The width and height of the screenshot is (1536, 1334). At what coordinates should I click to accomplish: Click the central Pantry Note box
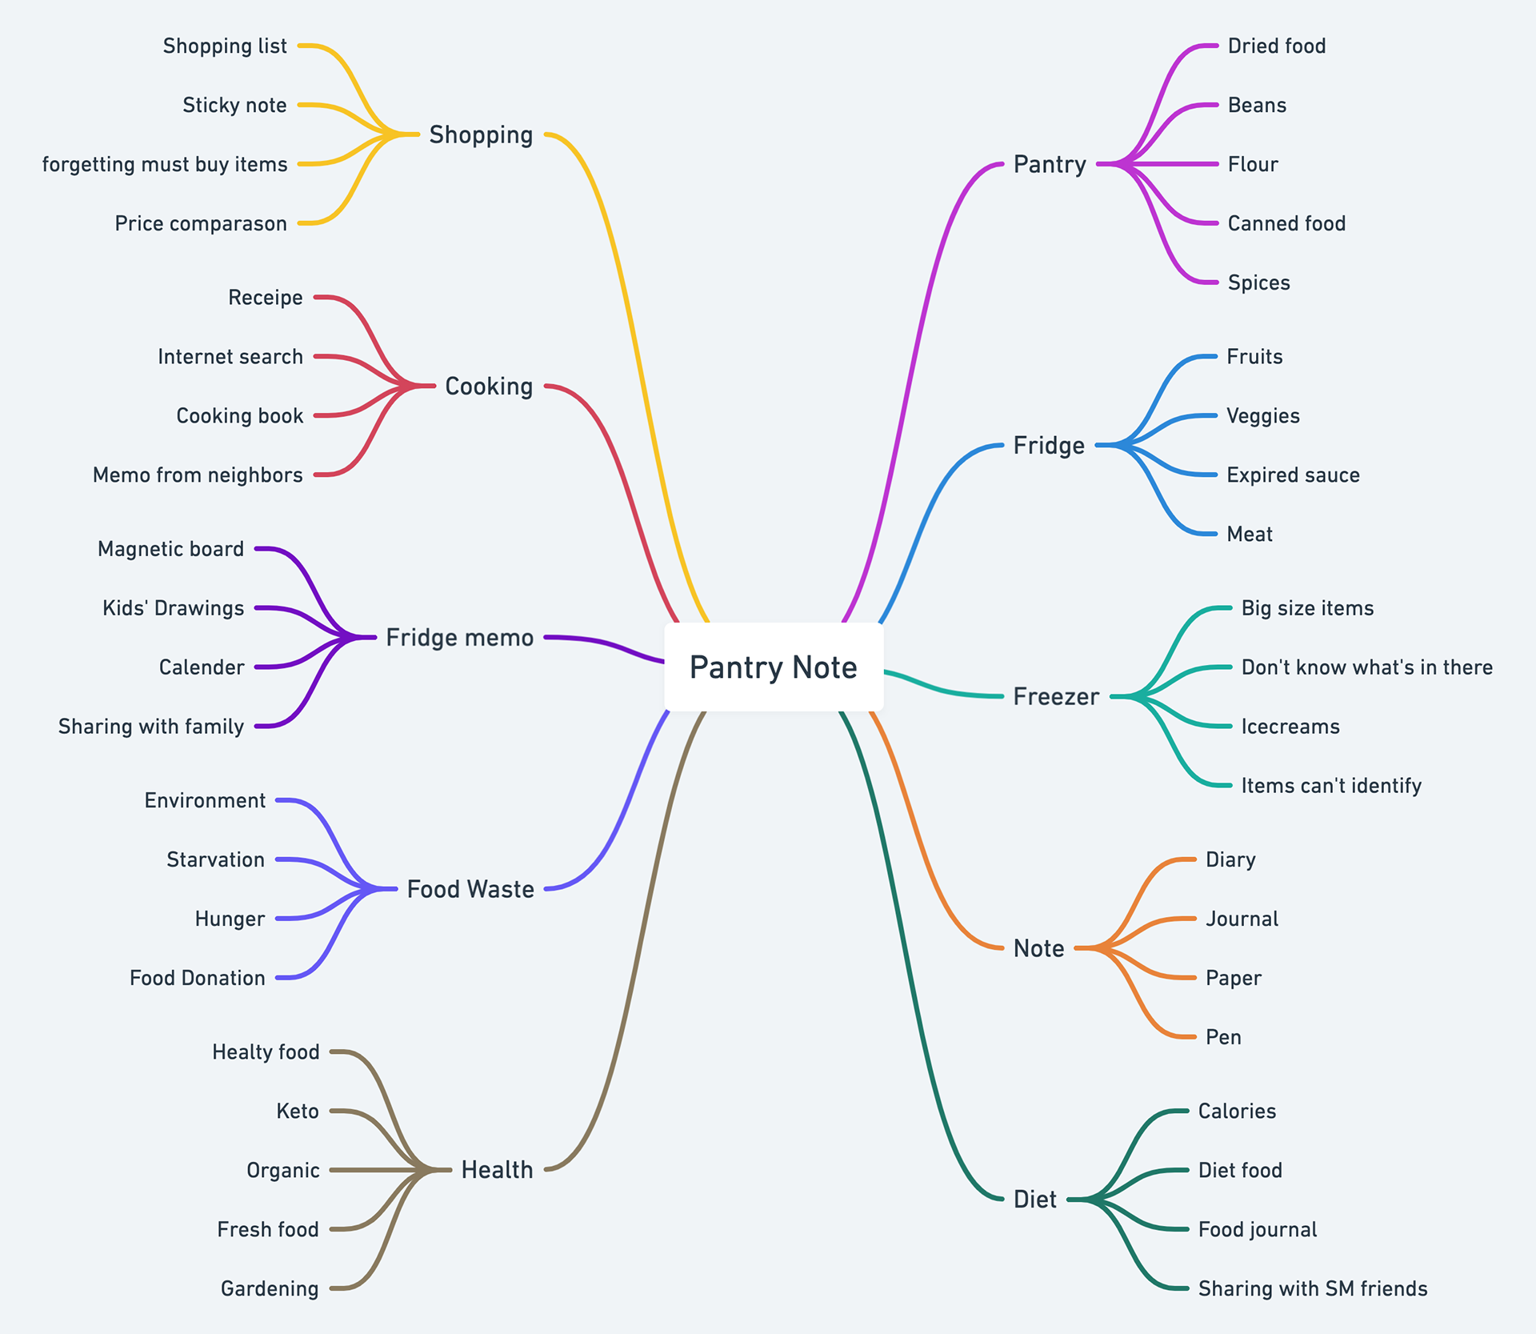pos(773,667)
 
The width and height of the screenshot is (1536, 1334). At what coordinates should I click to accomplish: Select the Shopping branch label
pos(481,134)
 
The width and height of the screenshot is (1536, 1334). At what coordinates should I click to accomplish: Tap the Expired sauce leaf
pos(1293,475)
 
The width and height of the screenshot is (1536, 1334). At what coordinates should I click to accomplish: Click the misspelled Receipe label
pos(266,298)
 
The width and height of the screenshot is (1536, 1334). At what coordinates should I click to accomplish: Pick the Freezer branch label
pos(1056,696)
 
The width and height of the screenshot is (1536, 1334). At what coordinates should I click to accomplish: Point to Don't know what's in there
pos(1366,667)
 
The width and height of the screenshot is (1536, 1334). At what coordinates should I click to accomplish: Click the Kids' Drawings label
pos(173,608)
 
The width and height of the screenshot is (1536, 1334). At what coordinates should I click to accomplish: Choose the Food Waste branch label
pos(470,889)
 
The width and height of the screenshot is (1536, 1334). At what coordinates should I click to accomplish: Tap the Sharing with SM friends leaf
pos(1312,1288)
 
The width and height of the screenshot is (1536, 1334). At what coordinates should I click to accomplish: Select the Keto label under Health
pos(298,1111)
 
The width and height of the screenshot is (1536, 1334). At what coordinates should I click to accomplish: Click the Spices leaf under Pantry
pos(1258,282)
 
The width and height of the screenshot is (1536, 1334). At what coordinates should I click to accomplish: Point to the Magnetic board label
pos(170,549)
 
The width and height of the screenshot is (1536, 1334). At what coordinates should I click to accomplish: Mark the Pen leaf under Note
pos(1223,1037)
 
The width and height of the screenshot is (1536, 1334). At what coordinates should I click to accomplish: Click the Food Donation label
pos(197,978)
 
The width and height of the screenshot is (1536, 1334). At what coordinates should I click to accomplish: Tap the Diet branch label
pos(1034,1200)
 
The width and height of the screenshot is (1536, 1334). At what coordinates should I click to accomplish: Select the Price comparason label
pos(200,223)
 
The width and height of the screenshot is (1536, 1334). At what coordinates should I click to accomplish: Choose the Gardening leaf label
pos(270,1288)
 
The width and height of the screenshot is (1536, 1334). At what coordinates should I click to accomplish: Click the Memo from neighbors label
pos(198,475)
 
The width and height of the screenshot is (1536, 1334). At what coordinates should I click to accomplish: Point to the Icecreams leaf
pos(1290,727)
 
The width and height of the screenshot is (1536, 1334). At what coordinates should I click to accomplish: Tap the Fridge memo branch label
pos(459,638)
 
